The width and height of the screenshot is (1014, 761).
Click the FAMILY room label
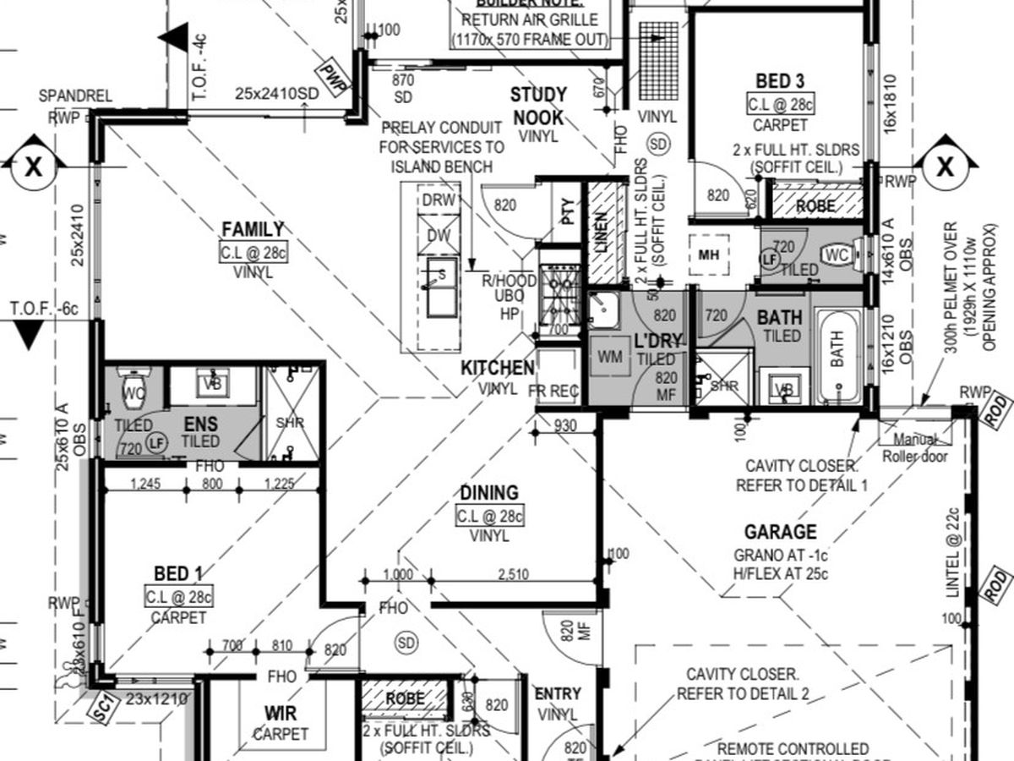pyautogui.click(x=253, y=229)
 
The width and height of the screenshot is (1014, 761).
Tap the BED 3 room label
pyautogui.click(x=780, y=81)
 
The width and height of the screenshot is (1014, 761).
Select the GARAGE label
pyautogui.click(x=780, y=532)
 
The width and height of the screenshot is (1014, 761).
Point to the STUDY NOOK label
pyautogui.click(x=538, y=105)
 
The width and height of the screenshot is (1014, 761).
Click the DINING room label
pyautogui.click(x=489, y=492)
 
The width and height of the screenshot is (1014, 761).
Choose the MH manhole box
pyautogui.click(x=708, y=255)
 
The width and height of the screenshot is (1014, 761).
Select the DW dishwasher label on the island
pyautogui.click(x=439, y=235)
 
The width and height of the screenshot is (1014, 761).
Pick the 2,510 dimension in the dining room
pyautogui.click(x=513, y=575)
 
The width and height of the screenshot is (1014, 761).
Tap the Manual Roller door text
pyautogui.click(x=915, y=448)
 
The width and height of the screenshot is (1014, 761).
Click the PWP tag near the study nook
pyautogui.click(x=334, y=78)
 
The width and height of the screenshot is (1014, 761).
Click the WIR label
pyautogui.click(x=281, y=715)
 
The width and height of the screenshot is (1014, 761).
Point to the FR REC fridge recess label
pyautogui.click(x=553, y=391)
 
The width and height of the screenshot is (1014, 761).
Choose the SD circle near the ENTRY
pyautogui.click(x=407, y=642)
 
